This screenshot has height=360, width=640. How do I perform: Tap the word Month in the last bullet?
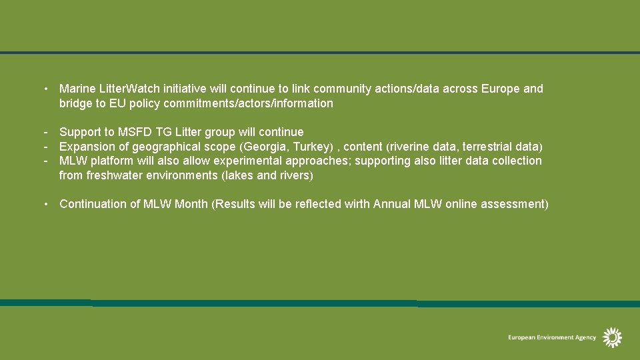[x=191, y=204]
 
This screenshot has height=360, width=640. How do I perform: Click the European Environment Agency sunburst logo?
[x=612, y=337]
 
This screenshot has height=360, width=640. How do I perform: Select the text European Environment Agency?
[x=552, y=338]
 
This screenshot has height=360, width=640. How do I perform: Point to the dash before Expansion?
[x=45, y=146]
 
